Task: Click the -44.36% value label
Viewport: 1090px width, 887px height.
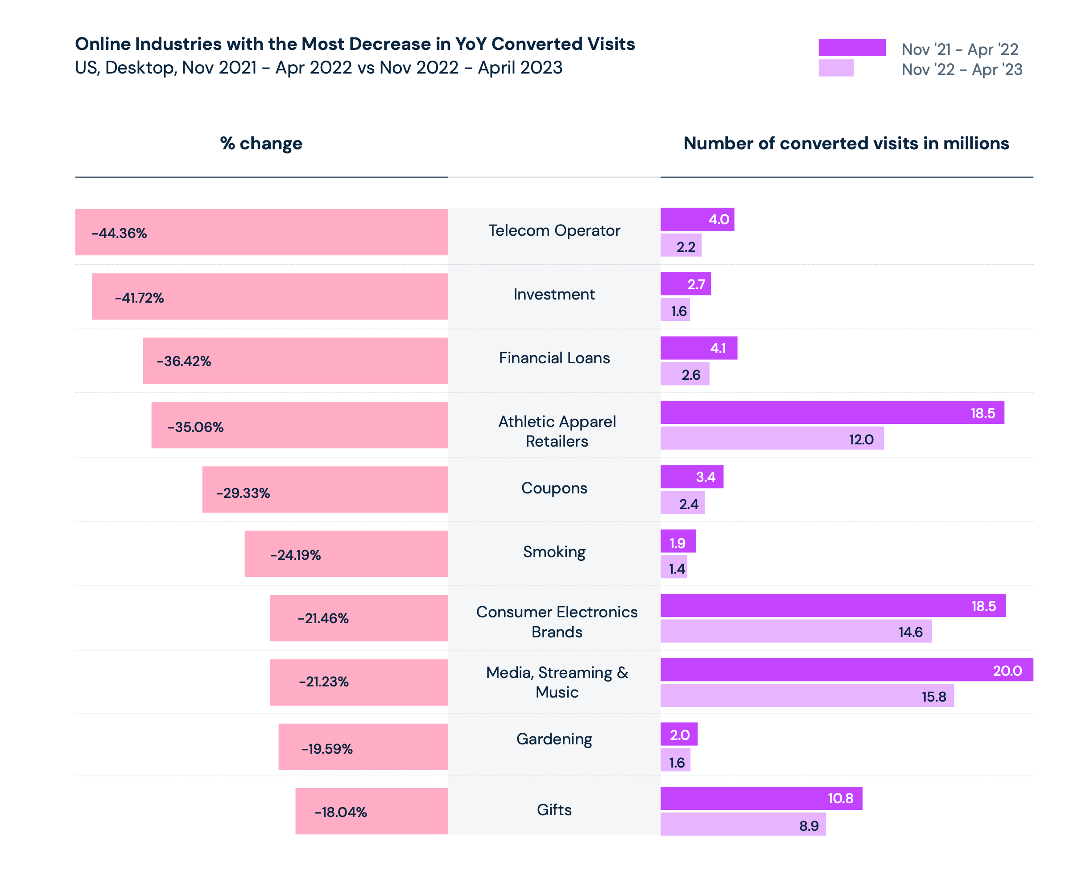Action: (x=119, y=233)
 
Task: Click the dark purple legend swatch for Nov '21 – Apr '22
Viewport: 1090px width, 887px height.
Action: (x=851, y=47)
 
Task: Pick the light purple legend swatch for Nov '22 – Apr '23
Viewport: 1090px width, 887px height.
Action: (x=835, y=68)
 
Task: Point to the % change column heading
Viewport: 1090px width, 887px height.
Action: (x=261, y=144)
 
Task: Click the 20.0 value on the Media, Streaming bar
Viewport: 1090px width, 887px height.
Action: (x=1007, y=671)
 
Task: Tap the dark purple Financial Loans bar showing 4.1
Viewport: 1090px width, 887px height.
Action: (x=698, y=348)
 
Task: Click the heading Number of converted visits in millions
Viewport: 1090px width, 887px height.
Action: (x=846, y=144)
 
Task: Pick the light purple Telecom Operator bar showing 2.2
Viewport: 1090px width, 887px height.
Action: (x=681, y=246)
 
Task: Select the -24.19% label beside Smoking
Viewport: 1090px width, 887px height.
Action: (x=295, y=555)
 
